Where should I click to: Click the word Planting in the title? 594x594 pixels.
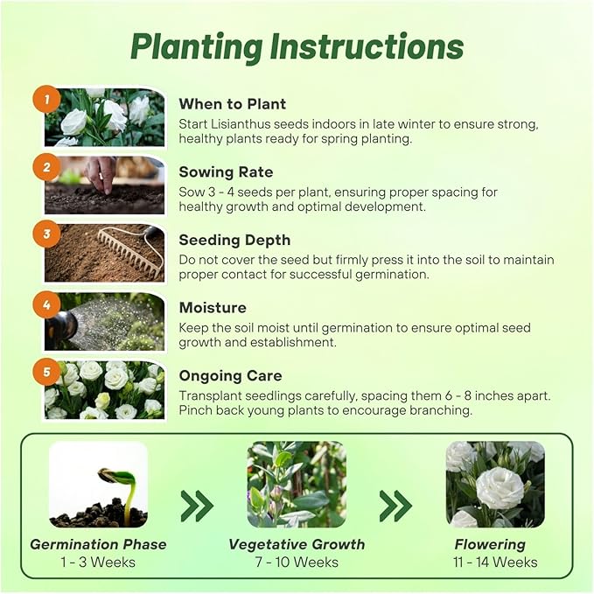197,48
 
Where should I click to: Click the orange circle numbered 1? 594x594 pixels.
46,99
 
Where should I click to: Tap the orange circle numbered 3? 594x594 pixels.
46,234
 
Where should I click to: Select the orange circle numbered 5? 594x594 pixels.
46,372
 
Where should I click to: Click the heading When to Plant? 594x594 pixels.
232,104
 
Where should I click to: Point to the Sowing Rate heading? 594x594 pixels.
226,172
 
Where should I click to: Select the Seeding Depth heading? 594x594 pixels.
234,241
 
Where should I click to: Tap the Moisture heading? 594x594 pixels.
213,308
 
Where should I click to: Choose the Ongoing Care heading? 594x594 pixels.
230,376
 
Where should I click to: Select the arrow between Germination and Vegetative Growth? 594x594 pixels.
197,506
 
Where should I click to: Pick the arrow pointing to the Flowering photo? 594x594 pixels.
395,506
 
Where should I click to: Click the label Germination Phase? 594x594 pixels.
98,544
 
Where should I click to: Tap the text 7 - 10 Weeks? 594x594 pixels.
297,563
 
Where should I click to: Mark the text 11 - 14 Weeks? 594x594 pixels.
495,563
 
